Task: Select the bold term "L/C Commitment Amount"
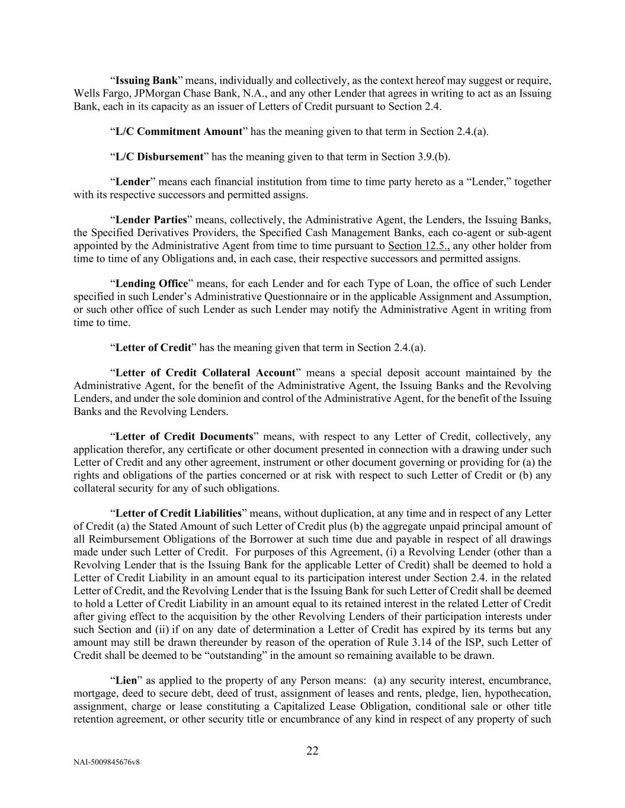click(178, 131)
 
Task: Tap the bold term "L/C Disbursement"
click(159, 157)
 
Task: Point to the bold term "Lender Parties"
click(151, 220)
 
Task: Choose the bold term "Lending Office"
click(152, 284)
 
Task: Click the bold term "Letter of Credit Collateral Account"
click(205, 373)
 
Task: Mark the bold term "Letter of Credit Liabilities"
click(178, 513)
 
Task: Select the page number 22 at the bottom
click(312, 751)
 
